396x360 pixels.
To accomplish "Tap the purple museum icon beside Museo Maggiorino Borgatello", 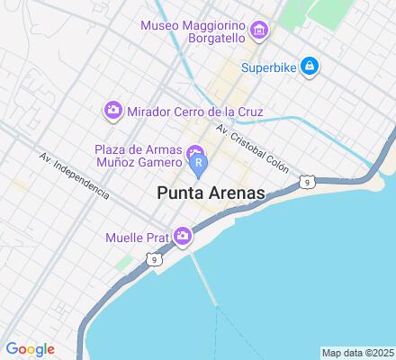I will (260, 32).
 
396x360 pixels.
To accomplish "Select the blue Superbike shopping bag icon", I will (309, 65).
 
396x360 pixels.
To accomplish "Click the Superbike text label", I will (269, 65).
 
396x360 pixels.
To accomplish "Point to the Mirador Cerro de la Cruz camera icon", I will (113, 111).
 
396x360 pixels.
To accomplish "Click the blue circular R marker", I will (199, 164).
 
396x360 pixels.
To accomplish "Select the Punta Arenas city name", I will (211, 193).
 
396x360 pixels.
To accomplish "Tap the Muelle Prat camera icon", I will (184, 236).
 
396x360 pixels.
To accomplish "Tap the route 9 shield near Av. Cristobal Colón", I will (307, 183).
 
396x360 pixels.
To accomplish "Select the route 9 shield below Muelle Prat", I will (155, 260).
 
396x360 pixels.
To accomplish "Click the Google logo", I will (30, 349).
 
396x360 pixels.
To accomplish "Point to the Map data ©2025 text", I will (357, 352).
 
